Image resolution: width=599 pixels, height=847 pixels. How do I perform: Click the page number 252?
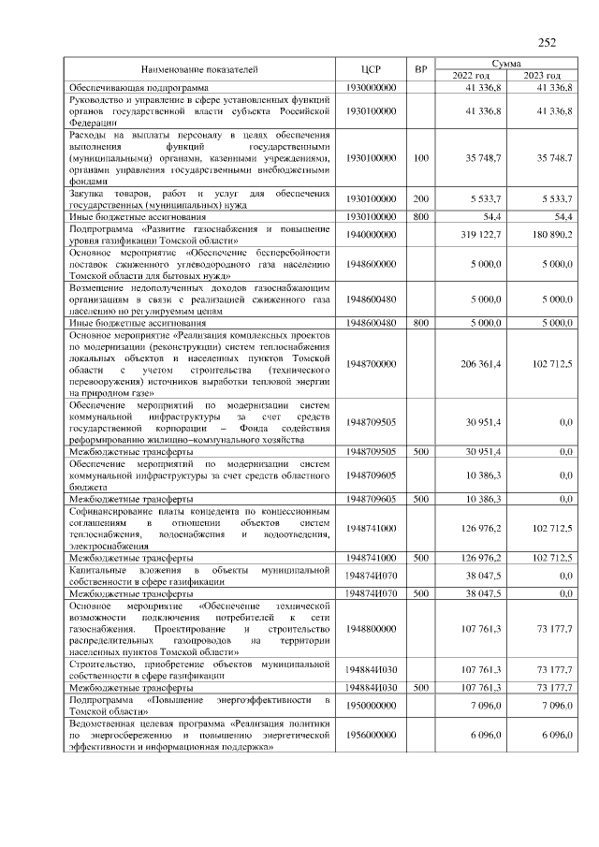pyautogui.click(x=547, y=42)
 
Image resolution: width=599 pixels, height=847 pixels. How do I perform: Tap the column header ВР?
pyautogui.click(x=421, y=69)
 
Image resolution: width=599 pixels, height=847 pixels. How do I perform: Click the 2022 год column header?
pyautogui.click(x=471, y=75)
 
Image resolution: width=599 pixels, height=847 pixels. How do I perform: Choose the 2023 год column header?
pyautogui.click(x=542, y=75)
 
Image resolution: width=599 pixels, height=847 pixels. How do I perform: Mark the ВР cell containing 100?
pyautogui.click(x=421, y=158)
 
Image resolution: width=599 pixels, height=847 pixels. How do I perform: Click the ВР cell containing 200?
pyautogui.click(x=421, y=199)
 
